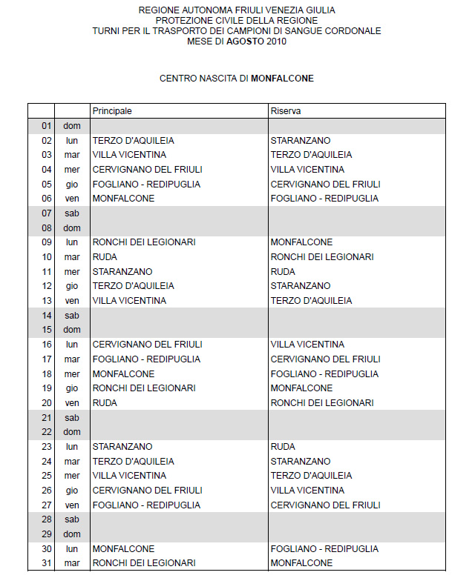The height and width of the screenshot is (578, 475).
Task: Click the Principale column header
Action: click(112, 110)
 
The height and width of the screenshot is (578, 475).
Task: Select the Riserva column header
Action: click(286, 110)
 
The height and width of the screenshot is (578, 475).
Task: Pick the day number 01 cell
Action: click(47, 126)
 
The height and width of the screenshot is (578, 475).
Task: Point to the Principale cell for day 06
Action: click(123, 199)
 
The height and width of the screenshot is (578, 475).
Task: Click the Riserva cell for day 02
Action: click(301, 140)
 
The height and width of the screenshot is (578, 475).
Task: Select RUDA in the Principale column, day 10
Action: click(105, 257)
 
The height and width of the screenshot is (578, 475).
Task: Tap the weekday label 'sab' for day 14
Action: click(72, 315)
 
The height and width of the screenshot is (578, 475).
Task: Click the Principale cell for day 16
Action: click(147, 345)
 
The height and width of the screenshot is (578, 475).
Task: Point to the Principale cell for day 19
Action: click(144, 388)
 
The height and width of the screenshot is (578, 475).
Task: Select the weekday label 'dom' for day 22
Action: click(72, 432)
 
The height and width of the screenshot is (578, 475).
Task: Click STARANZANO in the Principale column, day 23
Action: click(122, 447)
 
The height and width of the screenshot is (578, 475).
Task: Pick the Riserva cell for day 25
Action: click(311, 476)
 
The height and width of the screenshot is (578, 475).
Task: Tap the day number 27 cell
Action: click(47, 505)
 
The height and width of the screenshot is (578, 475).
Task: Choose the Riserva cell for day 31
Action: click(301, 563)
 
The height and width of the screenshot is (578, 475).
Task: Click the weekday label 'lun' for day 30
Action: click(72, 549)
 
